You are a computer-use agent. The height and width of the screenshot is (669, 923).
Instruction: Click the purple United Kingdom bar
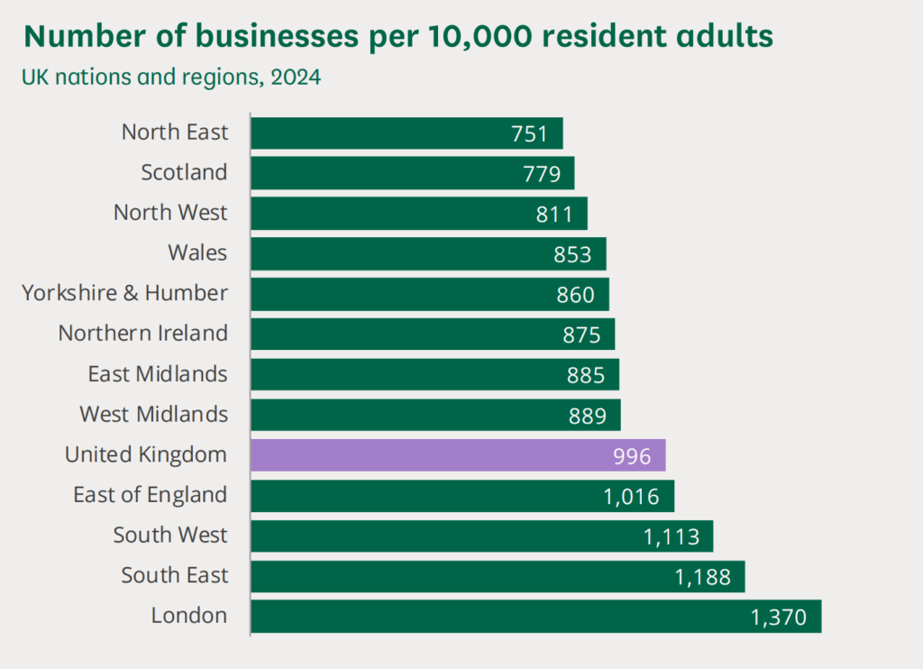point(458,455)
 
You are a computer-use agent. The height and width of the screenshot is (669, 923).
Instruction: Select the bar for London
point(535,617)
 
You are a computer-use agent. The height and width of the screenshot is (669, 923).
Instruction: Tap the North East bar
point(407,133)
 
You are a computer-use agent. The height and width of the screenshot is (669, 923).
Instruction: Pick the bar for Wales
point(428,254)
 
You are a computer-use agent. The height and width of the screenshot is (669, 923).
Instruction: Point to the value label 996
point(632,456)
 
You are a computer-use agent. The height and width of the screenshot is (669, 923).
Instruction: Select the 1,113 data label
point(672,537)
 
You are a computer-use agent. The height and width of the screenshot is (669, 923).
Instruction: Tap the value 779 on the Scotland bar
point(542,174)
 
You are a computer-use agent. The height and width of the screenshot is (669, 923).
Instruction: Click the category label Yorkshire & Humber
point(125,293)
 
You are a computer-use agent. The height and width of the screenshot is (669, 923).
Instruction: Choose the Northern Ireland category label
point(143,334)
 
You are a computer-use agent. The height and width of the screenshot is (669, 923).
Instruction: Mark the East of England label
point(151,495)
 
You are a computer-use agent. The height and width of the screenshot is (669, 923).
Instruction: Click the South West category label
point(170,536)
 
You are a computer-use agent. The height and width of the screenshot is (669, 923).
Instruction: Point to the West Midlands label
point(154,415)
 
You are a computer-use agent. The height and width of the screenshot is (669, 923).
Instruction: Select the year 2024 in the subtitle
point(296,78)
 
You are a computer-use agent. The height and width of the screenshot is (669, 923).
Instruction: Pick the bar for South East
point(498,577)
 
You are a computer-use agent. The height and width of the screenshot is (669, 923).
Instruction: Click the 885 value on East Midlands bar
point(586,375)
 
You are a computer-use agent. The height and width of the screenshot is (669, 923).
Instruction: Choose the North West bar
point(419,214)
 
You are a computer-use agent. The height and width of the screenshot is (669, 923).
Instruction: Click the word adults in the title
point(725,36)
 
